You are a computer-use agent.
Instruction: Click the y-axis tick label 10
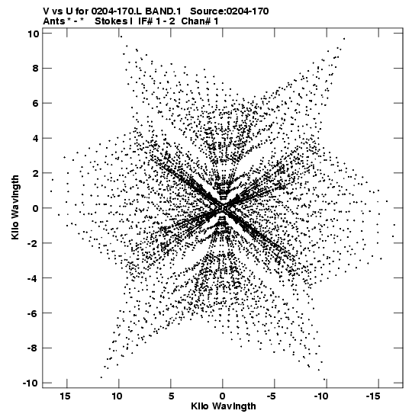point(33,34)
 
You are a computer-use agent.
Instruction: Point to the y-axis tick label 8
point(35,69)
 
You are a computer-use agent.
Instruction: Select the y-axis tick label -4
point(33,278)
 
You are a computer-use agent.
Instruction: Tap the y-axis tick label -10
point(31,383)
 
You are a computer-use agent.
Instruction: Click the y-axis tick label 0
point(35,208)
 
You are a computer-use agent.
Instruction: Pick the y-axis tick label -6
point(33,313)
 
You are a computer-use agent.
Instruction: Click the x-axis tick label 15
point(66,396)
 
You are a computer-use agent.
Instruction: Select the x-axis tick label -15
point(373,396)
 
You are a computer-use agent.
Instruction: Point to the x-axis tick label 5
point(171,396)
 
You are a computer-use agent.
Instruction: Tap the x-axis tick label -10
point(321,396)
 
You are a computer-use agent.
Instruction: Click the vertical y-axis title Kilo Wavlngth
point(15,207)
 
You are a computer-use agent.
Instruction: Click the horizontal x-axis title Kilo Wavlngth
point(224,406)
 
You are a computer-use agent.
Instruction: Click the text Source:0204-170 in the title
point(230,11)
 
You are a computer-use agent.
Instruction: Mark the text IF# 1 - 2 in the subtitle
point(156,21)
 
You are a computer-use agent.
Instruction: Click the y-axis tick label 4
point(35,138)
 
